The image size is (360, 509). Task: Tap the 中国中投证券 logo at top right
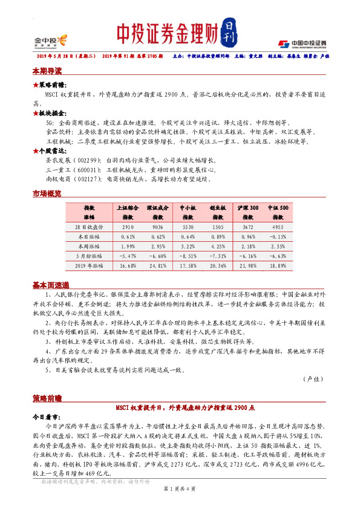click(x=302, y=44)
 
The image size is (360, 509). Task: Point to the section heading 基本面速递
click(x=51, y=285)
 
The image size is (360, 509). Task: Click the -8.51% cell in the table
click(x=188, y=255)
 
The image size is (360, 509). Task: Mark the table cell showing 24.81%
click(x=157, y=265)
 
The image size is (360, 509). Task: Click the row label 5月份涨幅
click(x=90, y=255)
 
